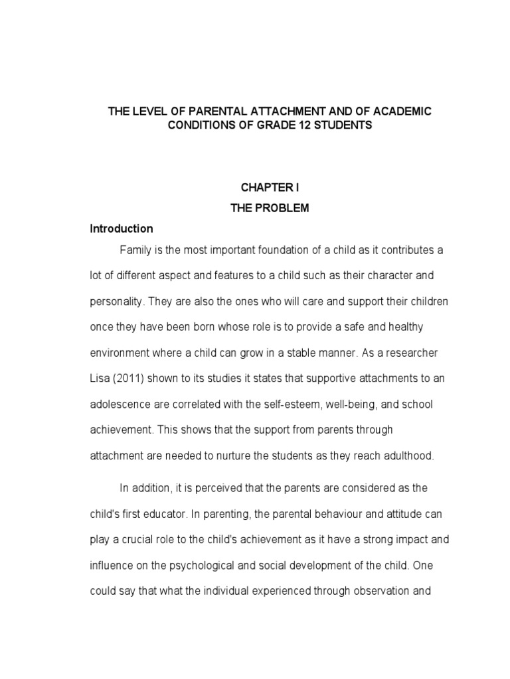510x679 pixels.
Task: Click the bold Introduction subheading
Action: [122, 229]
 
